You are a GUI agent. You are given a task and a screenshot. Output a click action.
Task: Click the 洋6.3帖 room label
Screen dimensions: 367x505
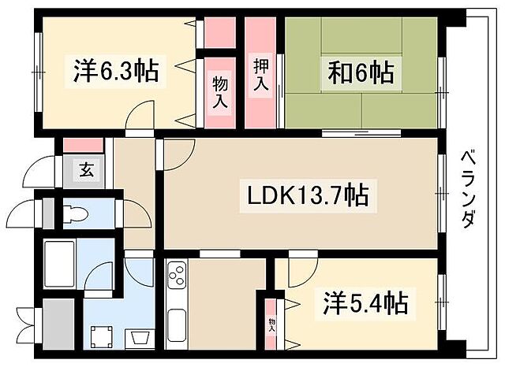[116, 72]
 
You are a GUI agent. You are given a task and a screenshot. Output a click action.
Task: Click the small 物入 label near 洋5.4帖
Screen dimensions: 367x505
[271, 323]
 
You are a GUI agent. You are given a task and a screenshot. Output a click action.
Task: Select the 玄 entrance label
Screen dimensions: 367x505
[84, 168]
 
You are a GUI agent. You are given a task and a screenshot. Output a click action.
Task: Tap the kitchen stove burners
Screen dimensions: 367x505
[176, 278]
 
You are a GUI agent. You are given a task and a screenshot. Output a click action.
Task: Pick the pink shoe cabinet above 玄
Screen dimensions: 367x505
[84, 145]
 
